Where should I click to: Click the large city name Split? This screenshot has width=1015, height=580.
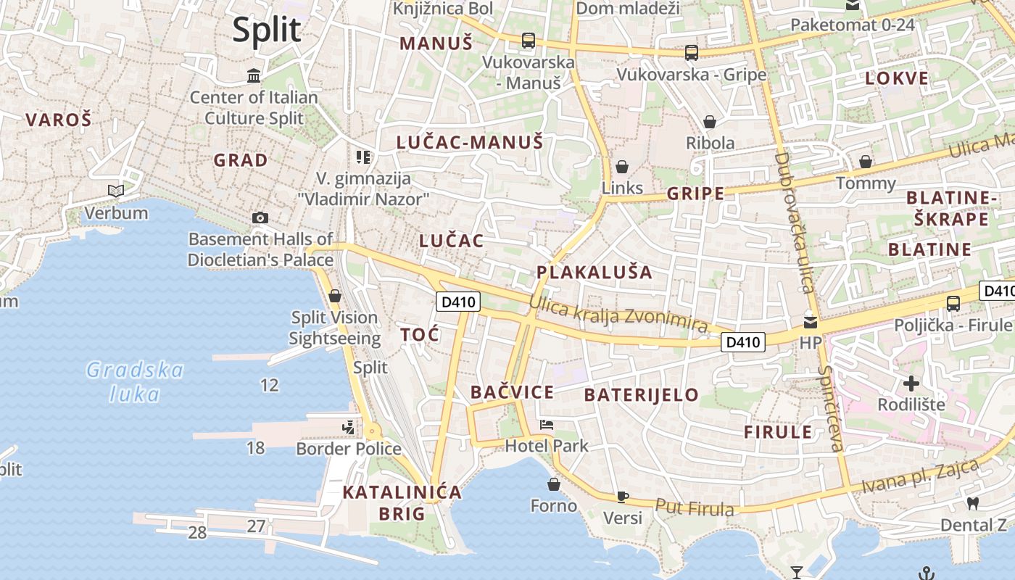point(266,30)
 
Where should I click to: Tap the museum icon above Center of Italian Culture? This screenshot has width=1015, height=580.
point(254,75)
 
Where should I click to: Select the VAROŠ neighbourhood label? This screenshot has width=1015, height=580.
point(59,120)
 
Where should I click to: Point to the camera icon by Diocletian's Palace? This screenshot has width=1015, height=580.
point(260,217)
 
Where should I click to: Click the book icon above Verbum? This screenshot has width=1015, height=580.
point(116,191)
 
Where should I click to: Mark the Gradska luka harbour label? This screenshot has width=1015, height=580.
point(134,381)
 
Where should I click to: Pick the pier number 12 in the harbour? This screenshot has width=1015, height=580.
point(269,385)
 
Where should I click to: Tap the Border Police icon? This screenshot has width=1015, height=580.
point(349,427)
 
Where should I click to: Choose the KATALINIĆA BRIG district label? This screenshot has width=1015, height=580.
point(402,502)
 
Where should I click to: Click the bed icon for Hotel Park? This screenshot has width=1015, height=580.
point(547,425)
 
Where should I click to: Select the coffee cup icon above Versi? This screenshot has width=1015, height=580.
point(622,497)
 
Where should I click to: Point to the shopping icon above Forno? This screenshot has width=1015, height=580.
point(554,484)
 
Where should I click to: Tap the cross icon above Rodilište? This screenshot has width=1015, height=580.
point(911,383)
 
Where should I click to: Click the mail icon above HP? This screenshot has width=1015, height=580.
point(810,322)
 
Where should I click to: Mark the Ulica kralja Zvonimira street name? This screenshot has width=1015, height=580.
point(618,314)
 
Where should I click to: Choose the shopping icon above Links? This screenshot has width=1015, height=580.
point(621,167)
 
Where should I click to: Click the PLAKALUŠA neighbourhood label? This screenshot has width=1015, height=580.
point(594,273)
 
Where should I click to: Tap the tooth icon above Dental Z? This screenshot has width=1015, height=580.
point(973,502)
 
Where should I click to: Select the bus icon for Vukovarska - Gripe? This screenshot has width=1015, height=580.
point(692,53)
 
